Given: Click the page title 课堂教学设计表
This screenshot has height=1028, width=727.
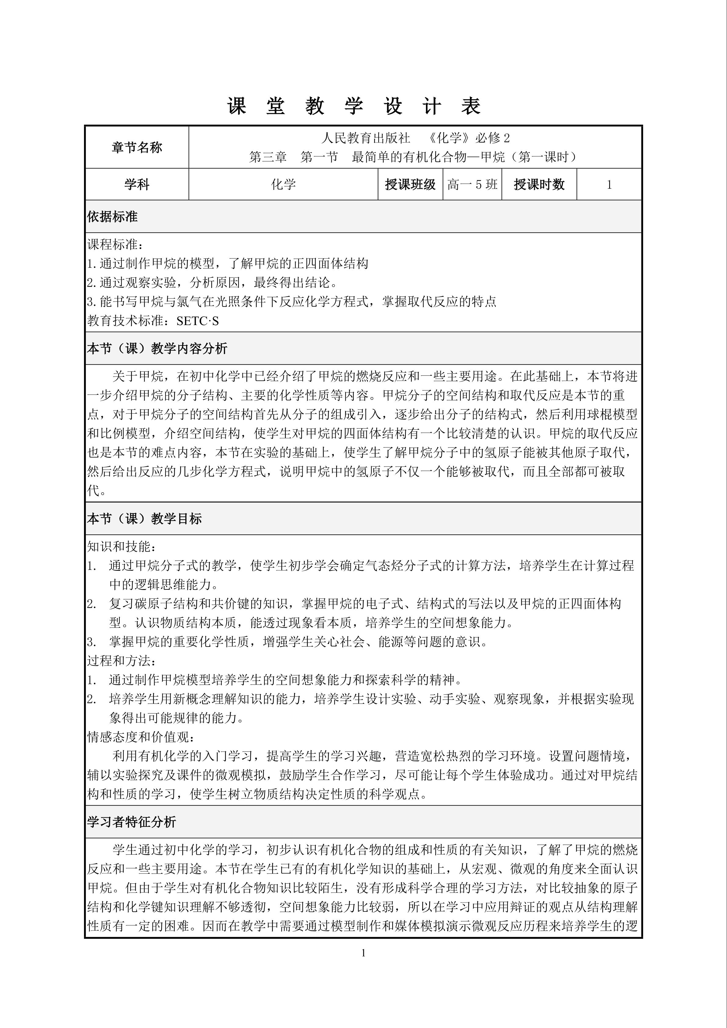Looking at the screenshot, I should pyautogui.click(x=354, y=107).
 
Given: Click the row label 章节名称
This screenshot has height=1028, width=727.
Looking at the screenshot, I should pyautogui.click(x=136, y=147).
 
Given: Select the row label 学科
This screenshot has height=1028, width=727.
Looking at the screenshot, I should pyautogui.click(x=136, y=184).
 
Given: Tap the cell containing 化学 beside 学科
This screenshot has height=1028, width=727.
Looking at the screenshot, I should pyautogui.click(x=283, y=184).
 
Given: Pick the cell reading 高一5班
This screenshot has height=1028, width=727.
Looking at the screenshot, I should pyautogui.click(x=472, y=184).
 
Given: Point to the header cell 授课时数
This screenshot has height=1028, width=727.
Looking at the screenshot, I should pyautogui.click(x=539, y=184).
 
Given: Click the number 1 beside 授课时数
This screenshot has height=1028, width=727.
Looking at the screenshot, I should pyautogui.click(x=609, y=184).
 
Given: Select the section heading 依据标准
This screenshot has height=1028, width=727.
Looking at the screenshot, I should pyautogui.click(x=112, y=217).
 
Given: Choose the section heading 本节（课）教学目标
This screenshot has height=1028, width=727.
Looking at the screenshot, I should pyautogui.click(x=144, y=519).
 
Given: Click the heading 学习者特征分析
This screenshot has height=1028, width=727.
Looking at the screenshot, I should pyautogui.click(x=131, y=822).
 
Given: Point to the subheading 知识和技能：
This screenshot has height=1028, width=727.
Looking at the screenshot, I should pyautogui.click(x=122, y=546).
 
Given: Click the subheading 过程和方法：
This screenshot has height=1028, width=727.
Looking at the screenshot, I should pyautogui.click(x=122, y=661).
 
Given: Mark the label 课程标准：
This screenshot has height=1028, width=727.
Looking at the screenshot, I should pyautogui.click(x=115, y=244).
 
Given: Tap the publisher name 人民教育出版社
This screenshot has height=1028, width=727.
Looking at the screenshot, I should pyautogui.click(x=365, y=138).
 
